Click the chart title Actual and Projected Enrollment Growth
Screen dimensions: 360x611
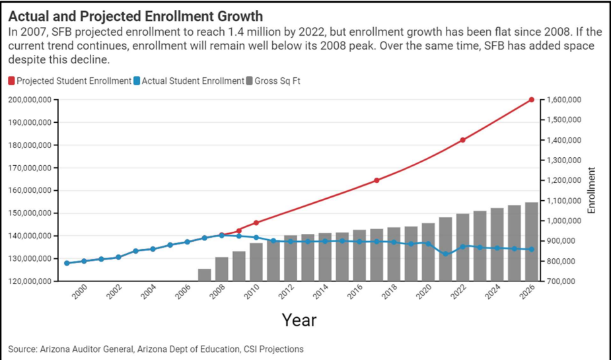(x=135, y=16)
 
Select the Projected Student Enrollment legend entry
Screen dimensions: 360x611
(x=70, y=81)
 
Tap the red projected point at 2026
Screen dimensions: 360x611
(x=531, y=100)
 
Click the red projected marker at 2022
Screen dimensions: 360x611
(x=462, y=140)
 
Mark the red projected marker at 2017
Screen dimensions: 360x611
(x=377, y=180)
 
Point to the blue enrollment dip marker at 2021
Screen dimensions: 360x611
(x=445, y=254)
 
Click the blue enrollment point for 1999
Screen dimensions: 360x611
(x=67, y=263)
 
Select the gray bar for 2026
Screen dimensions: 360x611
(x=531, y=242)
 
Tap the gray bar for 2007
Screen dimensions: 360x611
(x=205, y=275)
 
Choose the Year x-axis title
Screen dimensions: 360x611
(x=299, y=320)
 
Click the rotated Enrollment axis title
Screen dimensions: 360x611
(x=591, y=190)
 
